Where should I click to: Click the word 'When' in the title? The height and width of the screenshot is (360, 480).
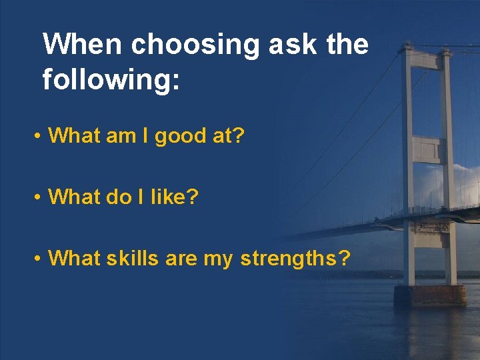coord(83,45)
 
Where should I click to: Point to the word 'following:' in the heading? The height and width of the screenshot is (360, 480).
coord(111,80)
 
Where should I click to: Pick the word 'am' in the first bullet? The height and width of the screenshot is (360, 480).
coord(122,137)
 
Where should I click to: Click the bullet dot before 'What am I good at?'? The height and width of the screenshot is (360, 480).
coord(40,137)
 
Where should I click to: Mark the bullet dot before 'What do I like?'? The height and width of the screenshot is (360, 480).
coord(40,197)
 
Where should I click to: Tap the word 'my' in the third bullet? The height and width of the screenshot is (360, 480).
coord(217,258)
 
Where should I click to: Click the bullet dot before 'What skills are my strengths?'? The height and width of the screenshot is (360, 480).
coord(40,257)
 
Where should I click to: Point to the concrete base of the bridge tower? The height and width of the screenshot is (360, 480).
coord(430,295)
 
